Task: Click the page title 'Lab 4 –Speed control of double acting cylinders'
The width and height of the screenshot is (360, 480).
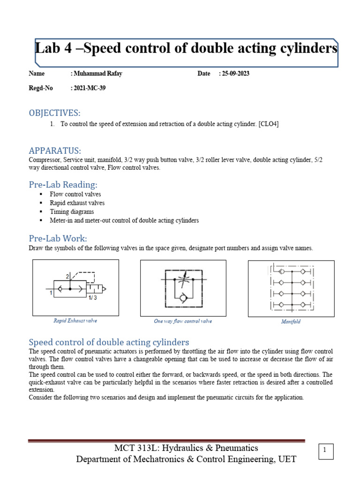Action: coord(187,49)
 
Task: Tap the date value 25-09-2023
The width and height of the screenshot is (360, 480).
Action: coord(234,74)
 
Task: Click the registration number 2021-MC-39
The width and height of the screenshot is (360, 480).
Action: coord(88,88)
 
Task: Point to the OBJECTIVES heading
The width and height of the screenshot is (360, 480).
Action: coord(54,113)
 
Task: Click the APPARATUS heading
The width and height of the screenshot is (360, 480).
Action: coord(55,150)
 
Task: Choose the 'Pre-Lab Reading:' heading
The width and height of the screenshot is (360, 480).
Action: coord(63,185)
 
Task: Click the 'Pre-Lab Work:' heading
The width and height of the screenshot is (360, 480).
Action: coord(58,239)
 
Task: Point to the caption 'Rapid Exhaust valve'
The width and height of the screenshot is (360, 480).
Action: coord(75,321)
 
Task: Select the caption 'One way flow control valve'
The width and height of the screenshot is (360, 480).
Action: coord(183,322)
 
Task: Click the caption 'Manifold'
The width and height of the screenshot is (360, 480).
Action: coord(291,322)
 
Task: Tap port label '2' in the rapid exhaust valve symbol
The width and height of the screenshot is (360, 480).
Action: coord(67,277)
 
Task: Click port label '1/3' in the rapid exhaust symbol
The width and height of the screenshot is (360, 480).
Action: coord(93,297)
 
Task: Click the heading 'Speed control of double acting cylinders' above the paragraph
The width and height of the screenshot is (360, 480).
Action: coord(109,342)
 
